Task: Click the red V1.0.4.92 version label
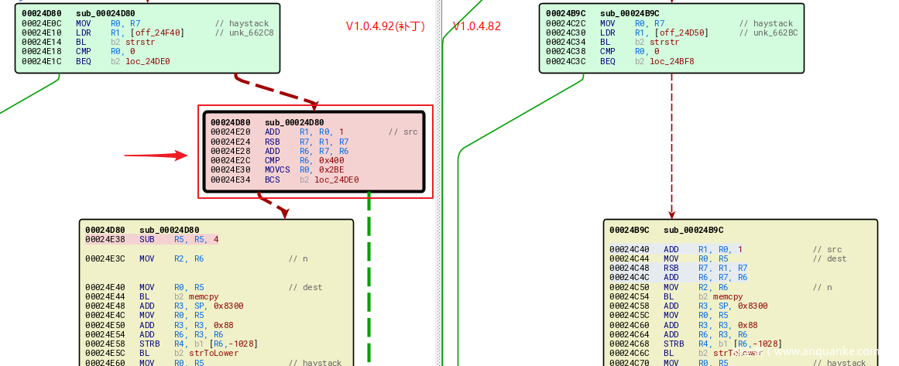coord(386,26)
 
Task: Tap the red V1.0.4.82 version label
coord(477,26)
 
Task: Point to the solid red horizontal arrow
coord(156,155)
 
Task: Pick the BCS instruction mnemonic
coord(273,180)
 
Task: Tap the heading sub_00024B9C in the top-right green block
coord(630,13)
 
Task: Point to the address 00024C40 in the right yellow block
coord(629,249)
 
